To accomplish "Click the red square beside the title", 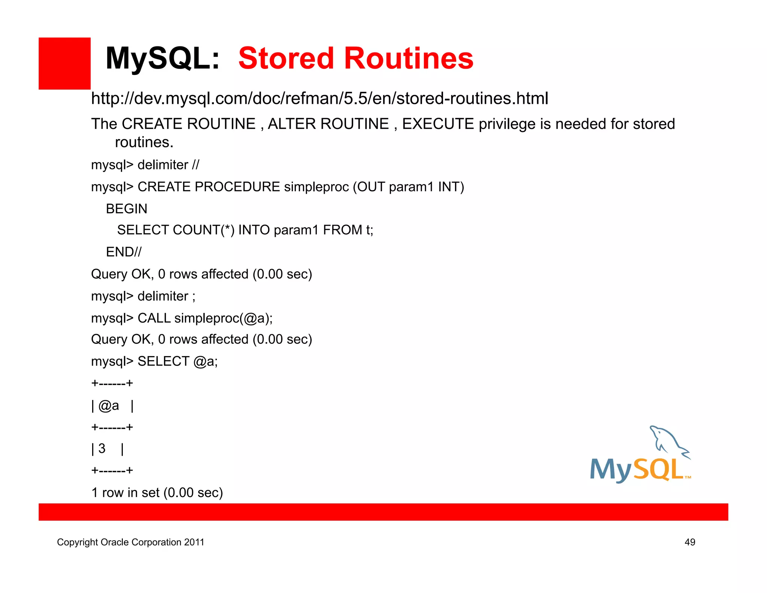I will click(64, 63).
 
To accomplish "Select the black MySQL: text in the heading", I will click(162, 58).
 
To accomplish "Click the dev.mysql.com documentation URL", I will click(319, 99).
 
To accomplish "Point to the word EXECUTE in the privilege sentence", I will click(438, 124).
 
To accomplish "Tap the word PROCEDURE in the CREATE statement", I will click(237, 187).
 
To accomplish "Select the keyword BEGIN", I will click(127, 209).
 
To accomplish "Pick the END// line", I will click(124, 252).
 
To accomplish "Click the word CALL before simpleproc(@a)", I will click(154, 318).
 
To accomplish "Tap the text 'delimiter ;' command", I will click(166, 296).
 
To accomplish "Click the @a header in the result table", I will click(109, 406).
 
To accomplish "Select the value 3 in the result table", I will click(102, 448).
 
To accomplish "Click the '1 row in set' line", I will click(157, 493).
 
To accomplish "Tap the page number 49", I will click(689, 542).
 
